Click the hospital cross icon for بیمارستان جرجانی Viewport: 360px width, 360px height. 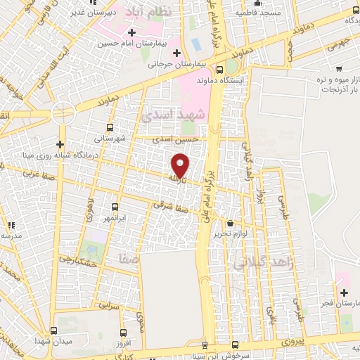click(176, 53)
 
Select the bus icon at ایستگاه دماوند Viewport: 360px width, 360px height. click(220, 70)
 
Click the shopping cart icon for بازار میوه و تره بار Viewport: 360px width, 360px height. click(339, 69)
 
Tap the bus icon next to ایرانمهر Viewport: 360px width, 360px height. click(116, 207)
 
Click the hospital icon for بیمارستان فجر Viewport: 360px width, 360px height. click(343, 292)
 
